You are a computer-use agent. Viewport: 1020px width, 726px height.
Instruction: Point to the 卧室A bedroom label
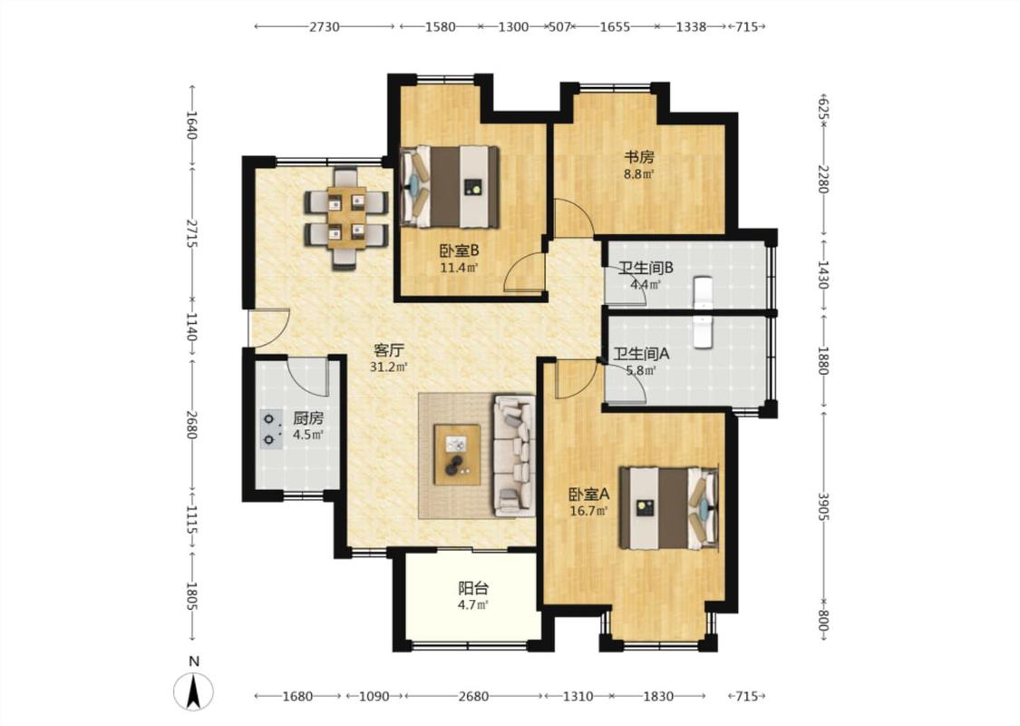[588, 495]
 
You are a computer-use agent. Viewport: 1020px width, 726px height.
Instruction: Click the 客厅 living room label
[388, 350]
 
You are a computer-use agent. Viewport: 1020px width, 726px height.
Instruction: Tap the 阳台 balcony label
[473, 589]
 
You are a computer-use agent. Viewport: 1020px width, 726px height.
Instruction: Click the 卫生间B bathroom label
[646, 268]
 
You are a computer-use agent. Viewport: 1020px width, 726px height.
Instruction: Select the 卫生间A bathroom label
[641, 354]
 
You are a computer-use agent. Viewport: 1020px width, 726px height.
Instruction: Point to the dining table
[346, 217]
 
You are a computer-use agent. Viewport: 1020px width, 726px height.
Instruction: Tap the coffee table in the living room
[457, 454]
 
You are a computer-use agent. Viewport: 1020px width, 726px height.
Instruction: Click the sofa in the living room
[515, 456]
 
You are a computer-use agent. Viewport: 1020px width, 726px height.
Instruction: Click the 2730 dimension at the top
[324, 26]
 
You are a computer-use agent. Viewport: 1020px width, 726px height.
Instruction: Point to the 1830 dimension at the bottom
[658, 696]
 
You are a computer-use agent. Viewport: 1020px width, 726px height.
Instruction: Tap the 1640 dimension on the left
[191, 124]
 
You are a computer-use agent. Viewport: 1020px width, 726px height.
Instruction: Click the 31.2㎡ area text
[388, 367]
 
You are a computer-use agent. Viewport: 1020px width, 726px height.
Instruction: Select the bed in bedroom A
[668, 507]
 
